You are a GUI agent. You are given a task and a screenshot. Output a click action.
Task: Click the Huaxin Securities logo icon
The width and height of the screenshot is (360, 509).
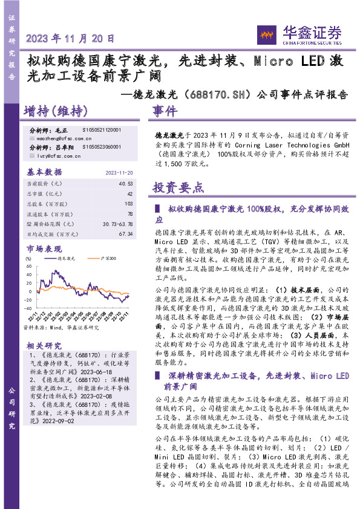tap(266, 35)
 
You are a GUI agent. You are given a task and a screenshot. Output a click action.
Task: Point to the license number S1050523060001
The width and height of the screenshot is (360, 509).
tap(101, 147)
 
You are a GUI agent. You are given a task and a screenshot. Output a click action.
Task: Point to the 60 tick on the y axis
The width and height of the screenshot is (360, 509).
tap(28, 264)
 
